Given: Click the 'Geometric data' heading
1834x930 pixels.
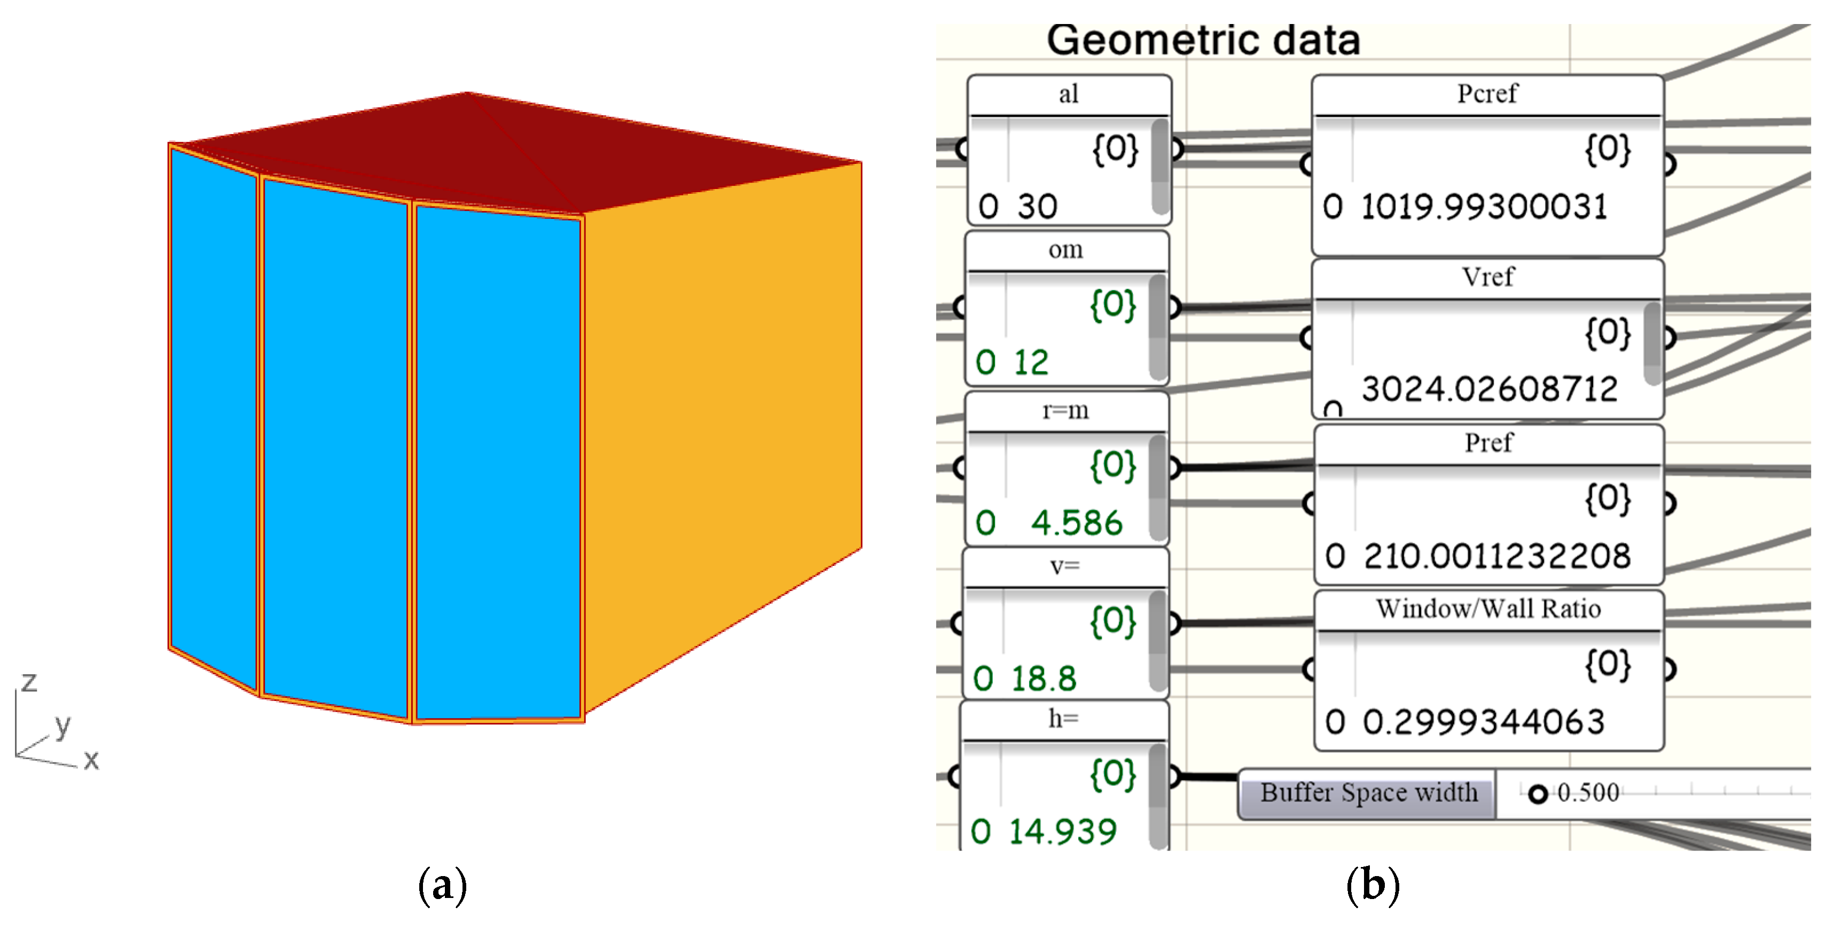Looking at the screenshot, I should coord(1203,40).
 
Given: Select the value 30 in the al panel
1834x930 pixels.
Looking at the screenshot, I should coord(1037,207).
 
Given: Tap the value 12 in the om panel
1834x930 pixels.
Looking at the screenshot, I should coord(1031,362).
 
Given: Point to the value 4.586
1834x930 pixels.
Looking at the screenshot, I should coord(1077,523).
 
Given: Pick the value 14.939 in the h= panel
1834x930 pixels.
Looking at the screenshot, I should coord(1062,831).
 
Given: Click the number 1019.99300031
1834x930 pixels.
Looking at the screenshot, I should coord(1484,207).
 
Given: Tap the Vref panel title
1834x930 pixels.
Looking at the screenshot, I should coord(1487,277).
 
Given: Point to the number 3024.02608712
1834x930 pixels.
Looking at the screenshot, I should coord(1490,389).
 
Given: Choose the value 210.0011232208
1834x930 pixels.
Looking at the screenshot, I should coord(1496,556).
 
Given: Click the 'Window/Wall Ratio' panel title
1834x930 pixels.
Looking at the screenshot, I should coord(1488,609).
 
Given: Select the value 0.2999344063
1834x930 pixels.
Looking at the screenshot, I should coord(1484,722).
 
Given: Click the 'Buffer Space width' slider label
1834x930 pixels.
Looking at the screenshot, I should coord(1368,793).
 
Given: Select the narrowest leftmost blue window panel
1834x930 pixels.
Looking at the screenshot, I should coord(213,413).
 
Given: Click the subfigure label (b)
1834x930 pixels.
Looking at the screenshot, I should coord(1373,885).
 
